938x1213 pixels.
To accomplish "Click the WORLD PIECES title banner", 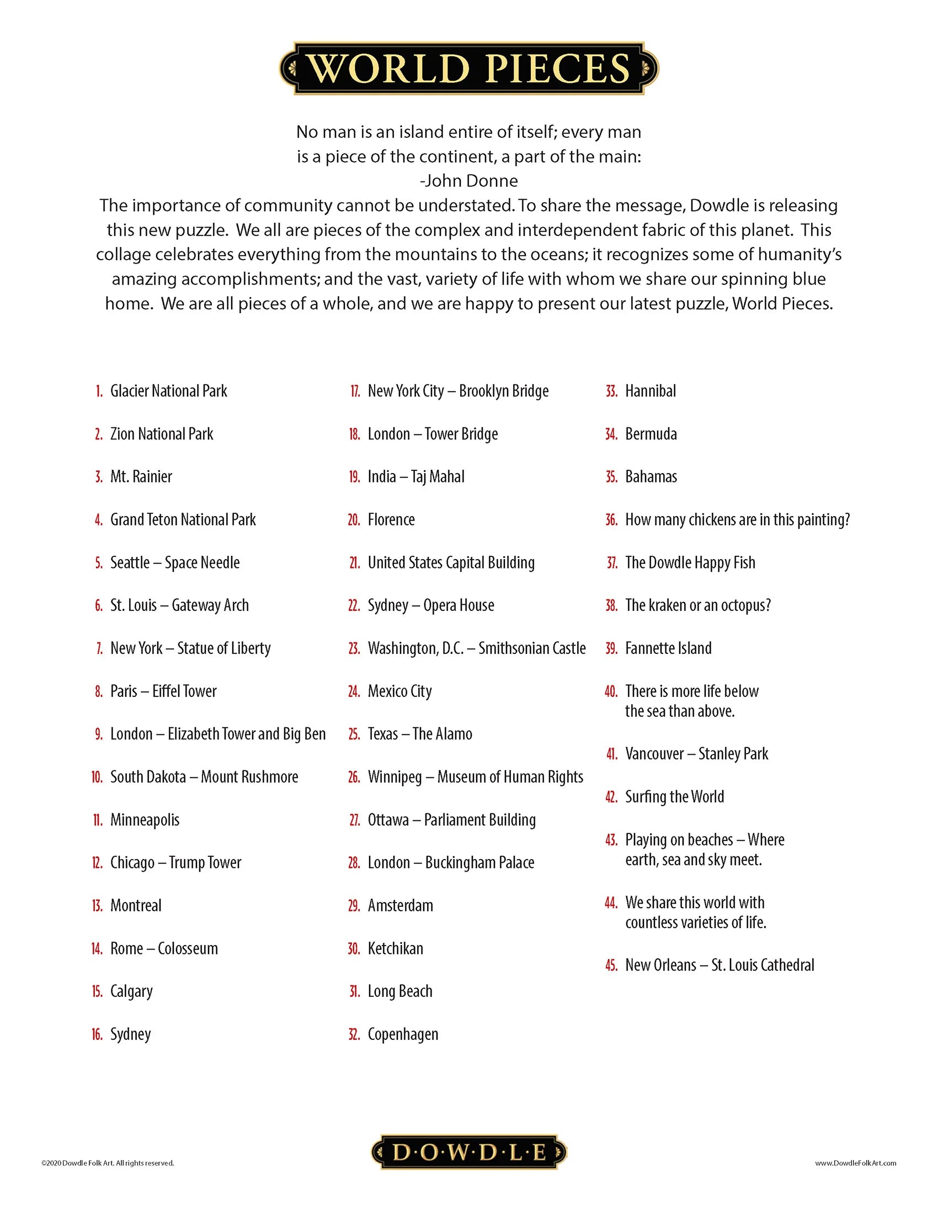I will (468, 68).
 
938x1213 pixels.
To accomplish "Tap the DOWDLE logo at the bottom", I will (468, 1152).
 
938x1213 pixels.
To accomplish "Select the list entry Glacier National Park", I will (168, 391).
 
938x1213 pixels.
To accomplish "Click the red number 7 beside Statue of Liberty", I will (99, 648).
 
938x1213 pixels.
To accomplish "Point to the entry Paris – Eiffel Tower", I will (163, 691).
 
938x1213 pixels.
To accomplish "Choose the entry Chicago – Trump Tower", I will (175, 862).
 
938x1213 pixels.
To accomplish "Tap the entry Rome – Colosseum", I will (164, 948).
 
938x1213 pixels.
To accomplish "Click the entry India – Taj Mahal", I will (415, 476).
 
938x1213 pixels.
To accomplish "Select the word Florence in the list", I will (391, 519).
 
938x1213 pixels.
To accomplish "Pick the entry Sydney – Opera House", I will (431, 605).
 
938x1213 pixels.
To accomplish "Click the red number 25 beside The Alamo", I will (354, 734).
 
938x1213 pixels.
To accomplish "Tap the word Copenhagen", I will (403, 1034).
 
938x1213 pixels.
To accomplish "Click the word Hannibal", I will (650, 391).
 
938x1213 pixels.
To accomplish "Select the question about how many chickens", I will (737, 519).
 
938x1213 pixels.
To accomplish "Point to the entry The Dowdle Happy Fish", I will (690, 562).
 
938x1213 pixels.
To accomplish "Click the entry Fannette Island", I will (668, 648).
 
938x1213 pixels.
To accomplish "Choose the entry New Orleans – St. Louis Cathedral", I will (720, 965).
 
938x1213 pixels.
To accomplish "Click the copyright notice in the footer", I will (108, 1163).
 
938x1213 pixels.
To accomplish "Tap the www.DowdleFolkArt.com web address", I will (855, 1163).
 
